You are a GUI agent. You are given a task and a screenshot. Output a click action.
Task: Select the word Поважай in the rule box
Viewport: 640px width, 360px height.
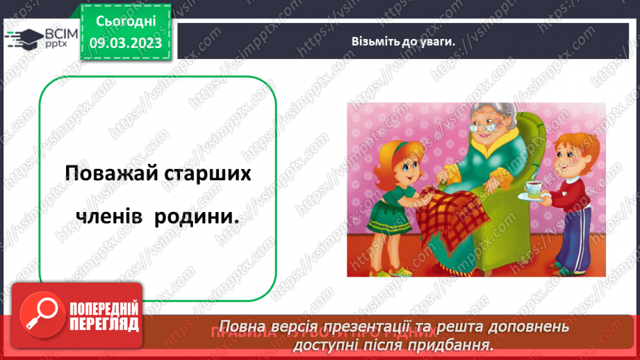tap(104, 174)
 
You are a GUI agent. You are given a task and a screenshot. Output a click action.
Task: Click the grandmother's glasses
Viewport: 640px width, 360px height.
tap(484, 127)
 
